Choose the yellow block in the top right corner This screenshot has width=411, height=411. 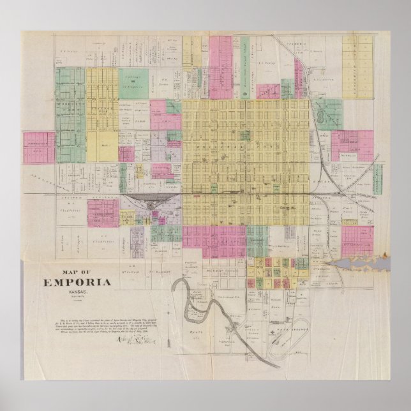pyautogui.click(x=357, y=57)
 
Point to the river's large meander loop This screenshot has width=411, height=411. pyautogui.click(x=191, y=300)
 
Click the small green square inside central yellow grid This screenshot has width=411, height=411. pyautogui.click(x=243, y=135)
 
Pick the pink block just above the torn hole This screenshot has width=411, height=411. pyautogui.click(x=356, y=240)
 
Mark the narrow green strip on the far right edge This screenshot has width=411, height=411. pyautogui.click(x=377, y=179)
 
